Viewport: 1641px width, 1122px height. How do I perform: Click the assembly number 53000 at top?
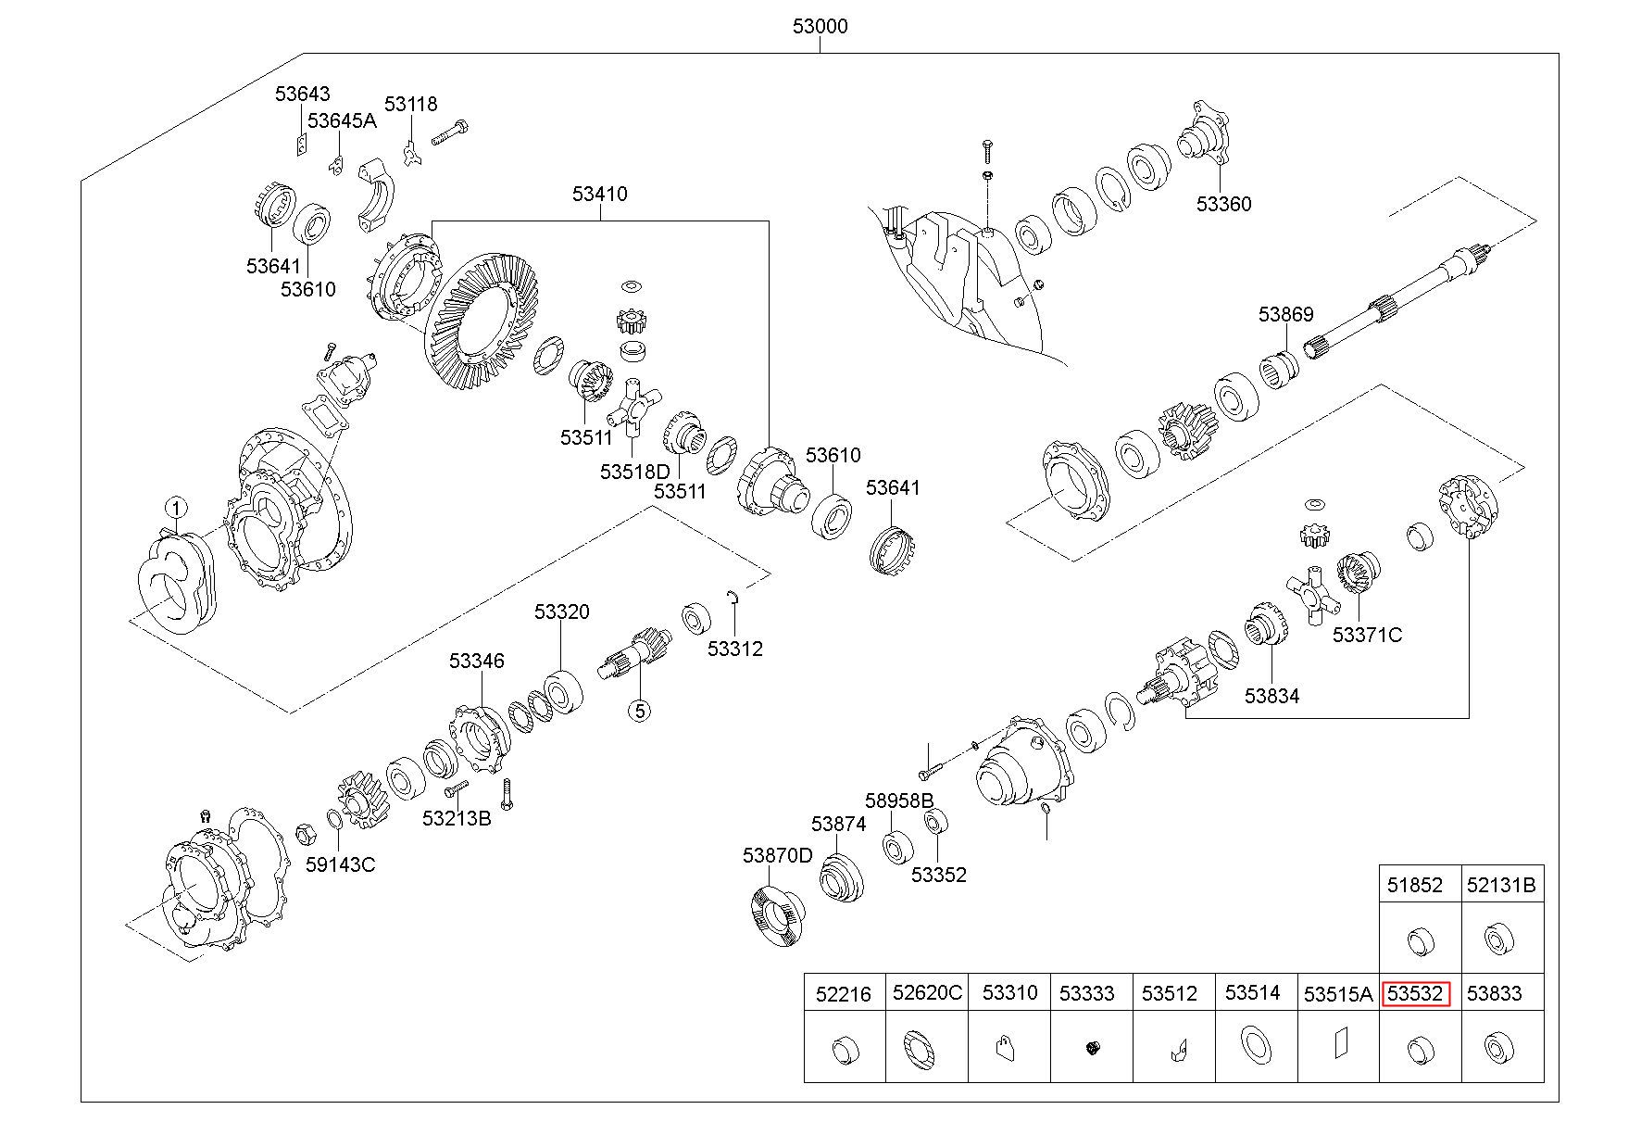820,26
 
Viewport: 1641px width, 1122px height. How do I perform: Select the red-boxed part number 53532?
1415,994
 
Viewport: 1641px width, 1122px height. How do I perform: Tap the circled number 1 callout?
176,508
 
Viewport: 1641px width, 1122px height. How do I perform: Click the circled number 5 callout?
639,711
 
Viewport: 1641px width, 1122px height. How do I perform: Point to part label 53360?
1223,204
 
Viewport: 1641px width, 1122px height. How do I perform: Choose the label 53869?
1285,315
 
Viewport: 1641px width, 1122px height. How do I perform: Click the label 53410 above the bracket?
599,194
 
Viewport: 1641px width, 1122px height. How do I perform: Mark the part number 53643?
302,94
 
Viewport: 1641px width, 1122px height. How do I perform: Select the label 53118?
411,104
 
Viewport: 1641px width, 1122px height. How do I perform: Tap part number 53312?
735,649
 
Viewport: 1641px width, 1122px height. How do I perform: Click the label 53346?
477,661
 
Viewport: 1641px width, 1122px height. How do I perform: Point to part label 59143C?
341,864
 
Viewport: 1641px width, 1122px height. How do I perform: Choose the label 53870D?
777,855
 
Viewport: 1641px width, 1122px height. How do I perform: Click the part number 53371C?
1367,635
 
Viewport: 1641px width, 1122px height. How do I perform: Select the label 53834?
1271,695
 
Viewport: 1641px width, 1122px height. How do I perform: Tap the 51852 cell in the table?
1415,885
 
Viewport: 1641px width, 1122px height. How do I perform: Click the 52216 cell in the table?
843,994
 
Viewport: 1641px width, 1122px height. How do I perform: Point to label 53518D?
634,472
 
